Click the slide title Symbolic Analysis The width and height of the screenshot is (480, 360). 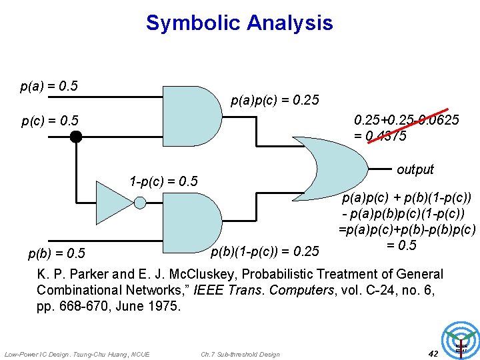[239, 23]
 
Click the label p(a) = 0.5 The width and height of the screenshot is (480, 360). [49, 86]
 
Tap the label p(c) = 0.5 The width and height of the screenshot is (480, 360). [50, 121]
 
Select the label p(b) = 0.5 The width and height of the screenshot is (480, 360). [57, 253]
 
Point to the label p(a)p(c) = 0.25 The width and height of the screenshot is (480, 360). [275, 101]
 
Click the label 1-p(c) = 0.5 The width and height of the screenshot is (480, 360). [164, 181]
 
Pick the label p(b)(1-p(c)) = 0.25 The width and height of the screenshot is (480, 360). [265, 251]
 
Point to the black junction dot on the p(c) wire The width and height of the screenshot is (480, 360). [76, 137]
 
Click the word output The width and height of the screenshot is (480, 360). [415, 169]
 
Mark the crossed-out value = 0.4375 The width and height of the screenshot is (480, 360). [381, 135]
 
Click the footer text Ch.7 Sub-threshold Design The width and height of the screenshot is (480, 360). [240, 354]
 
